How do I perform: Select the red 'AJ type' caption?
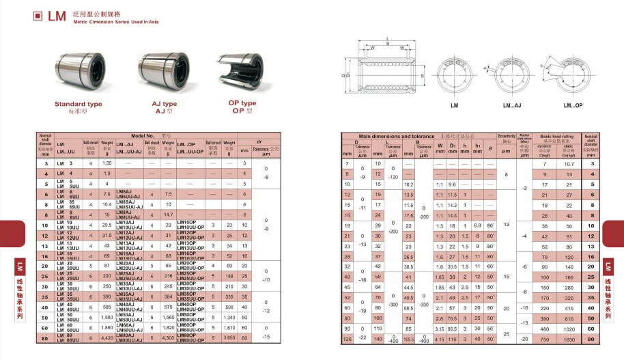coord(165,104)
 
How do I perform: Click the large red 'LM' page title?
coord(57,16)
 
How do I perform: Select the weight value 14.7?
coord(169,214)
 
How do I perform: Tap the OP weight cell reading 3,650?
coord(229,337)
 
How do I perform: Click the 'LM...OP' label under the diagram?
coord(572,106)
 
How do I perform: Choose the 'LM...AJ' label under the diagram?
coord(512,106)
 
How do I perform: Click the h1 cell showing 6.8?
coord(477,225)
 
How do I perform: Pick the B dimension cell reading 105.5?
coord(409,339)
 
